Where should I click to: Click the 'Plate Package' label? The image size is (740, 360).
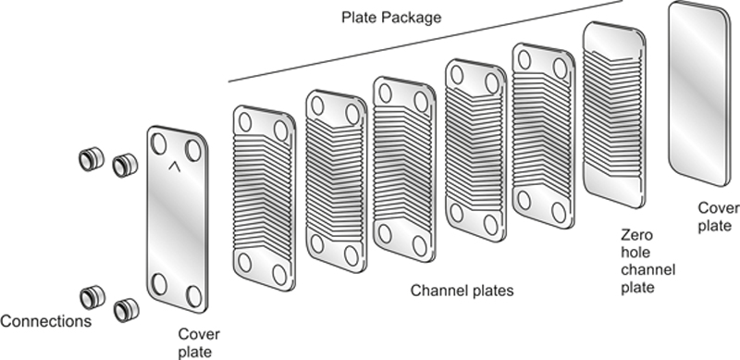point(391,18)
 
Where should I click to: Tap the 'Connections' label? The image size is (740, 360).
point(45,321)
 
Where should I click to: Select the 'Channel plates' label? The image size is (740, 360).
point(462,290)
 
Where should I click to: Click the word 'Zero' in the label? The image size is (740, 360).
point(636,235)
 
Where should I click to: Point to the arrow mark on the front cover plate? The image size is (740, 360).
point(175,166)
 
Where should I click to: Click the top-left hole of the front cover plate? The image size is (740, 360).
point(158,143)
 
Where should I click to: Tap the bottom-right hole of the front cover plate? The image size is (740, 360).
point(193,296)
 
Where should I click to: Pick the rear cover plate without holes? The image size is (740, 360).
point(699,93)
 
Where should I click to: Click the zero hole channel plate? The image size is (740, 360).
point(614,115)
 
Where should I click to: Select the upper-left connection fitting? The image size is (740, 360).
point(91,159)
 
